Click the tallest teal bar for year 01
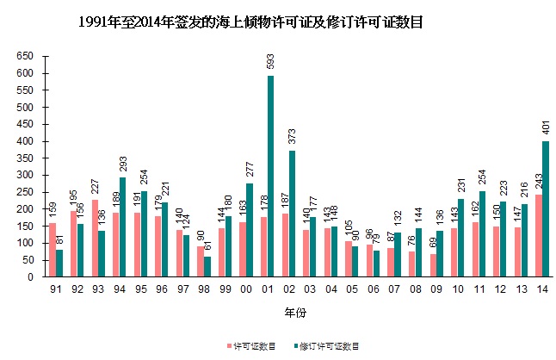[271, 177]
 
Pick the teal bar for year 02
[292, 214]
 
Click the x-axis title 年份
[298, 310]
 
